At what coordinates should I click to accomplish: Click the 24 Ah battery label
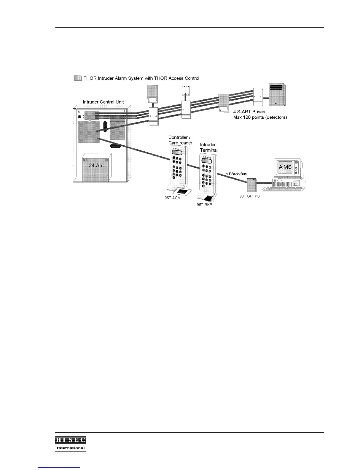click(95, 165)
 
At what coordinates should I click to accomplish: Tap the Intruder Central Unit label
click(103, 102)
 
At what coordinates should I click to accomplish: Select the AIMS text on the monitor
click(285, 167)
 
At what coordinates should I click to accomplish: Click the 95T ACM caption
click(173, 198)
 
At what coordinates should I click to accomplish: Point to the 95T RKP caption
click(205, 204)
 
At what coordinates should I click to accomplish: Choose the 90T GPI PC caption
click(250, 196)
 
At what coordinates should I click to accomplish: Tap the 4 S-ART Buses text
click(249, 112)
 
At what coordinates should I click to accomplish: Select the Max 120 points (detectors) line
click(260, 117)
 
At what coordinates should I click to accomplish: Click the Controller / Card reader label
click(180, 140)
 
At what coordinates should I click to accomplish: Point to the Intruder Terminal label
click(208, 147)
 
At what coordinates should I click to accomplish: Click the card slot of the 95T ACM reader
click(182, 192)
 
